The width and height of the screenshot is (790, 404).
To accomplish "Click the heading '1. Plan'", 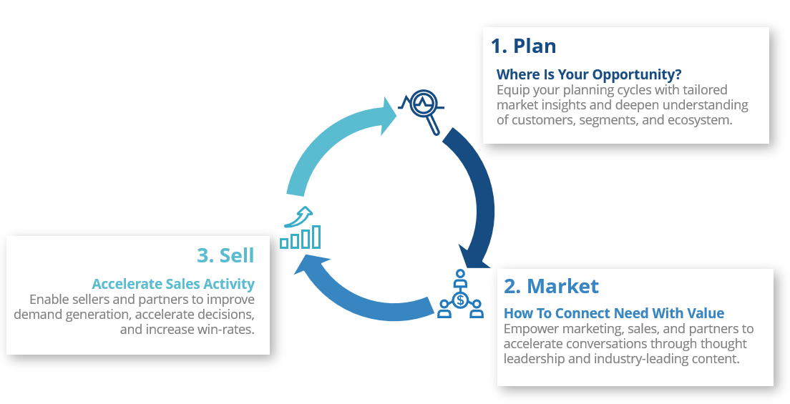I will [x=523, y=46].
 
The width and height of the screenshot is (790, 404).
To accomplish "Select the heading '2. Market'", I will [x=551, y=286].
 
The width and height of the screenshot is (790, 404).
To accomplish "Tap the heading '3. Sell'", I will [x=225, y=255].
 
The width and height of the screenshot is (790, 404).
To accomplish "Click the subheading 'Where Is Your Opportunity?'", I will [x=589, y=74].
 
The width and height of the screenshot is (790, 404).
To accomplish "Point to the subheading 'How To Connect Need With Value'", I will [x=614, y=313].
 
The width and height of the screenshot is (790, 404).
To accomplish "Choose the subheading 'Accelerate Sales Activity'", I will [x=173, y=283].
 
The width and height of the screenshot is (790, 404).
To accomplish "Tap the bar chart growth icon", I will [x=301, y=229].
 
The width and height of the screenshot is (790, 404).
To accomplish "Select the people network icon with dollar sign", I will [x=459, y=295].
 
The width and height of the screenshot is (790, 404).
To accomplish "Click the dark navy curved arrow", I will [x=476, y=193].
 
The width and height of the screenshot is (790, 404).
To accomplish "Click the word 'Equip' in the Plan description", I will [x=512, y=90].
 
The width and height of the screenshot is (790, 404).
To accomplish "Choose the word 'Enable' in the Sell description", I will [x=49, y=300].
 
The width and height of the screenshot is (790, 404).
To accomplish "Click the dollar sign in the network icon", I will [x=460, y=299].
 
